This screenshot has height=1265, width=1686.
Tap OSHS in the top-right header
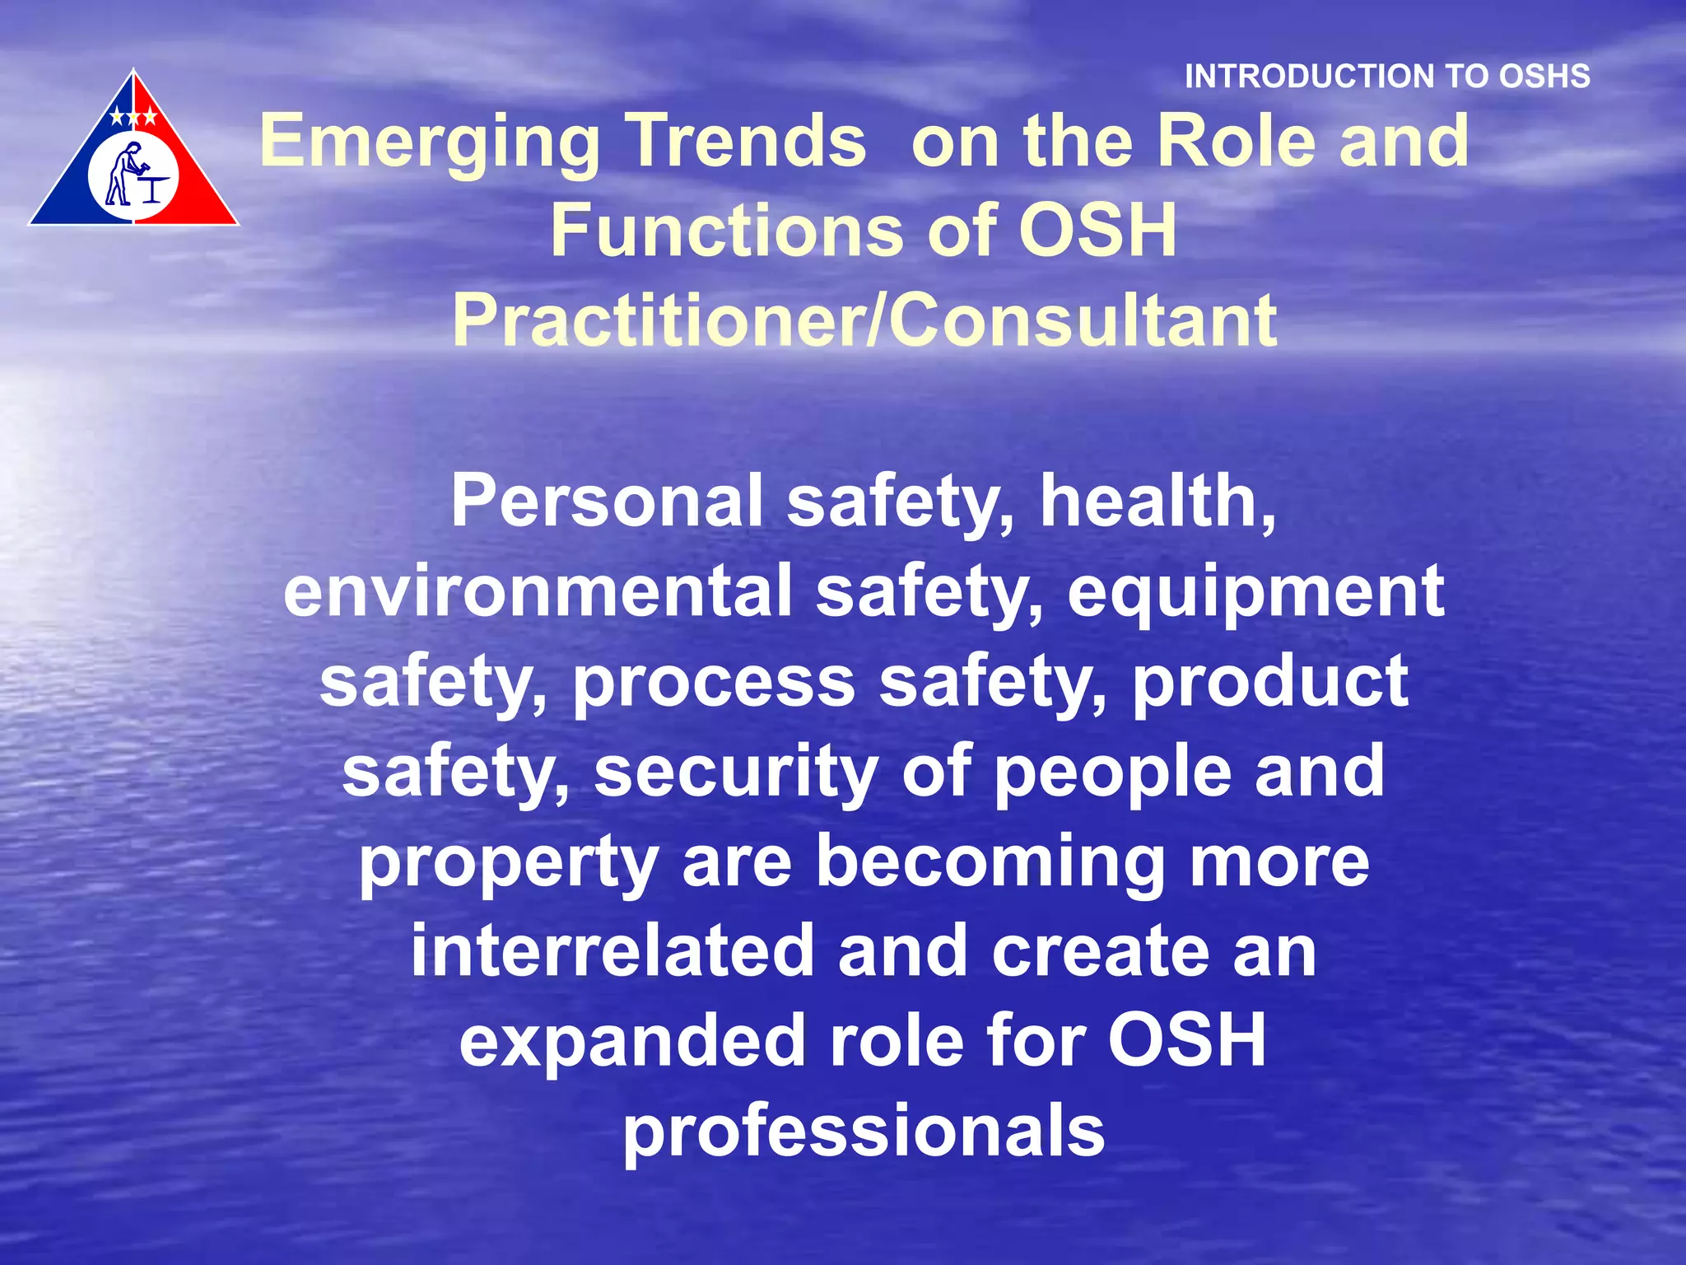click(x=1544, y=77)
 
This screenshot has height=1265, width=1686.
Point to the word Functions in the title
click(x=726, y=231)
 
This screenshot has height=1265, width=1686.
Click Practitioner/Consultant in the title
click(x=864, y=320)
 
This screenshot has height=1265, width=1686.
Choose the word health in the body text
click(x=1157, y=502)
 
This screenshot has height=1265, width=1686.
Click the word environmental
click(x=538, y=591)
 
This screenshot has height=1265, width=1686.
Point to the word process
click(x=714, y=682)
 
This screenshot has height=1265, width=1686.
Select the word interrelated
click(x=612, y=951)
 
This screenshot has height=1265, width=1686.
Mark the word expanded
click(x=633, y=1041)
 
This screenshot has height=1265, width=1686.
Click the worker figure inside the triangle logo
click(x=123, y=174)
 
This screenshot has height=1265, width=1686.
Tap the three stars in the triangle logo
click(x=133, y=117)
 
